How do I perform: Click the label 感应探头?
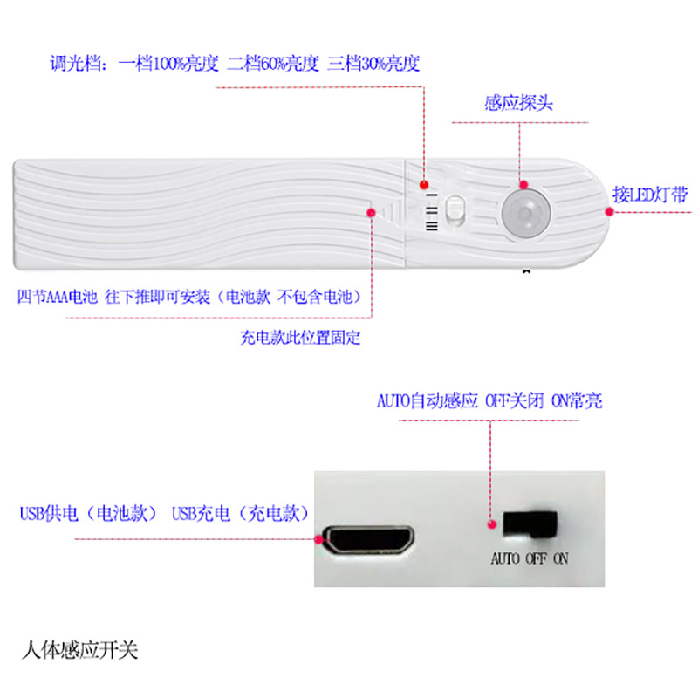point(518,103)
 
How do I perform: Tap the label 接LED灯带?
point(650,195)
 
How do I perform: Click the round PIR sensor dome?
point(523,212)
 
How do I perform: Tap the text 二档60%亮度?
point(273,64)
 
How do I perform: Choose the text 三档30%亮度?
point(374,64)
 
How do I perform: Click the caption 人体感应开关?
point(79,651)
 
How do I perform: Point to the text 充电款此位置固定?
point(299,338)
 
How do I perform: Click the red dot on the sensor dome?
point(523,185)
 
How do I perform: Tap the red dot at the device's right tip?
point(608,210)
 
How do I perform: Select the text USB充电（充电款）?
point(240,514)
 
